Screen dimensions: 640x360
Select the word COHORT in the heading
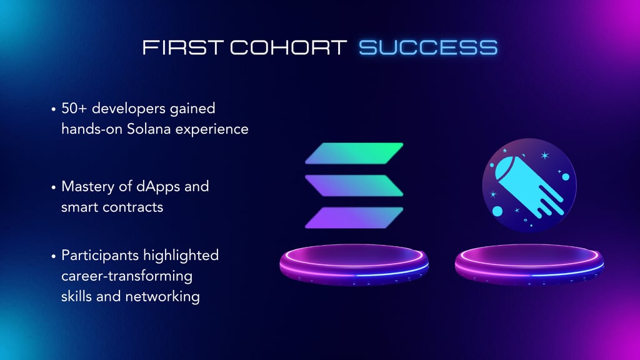pyautogui.click(x=288, y=47)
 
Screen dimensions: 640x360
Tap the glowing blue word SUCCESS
pyautogui.click(x=428, y=47)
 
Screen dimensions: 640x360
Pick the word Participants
pyautogui.click(x=100, y=256)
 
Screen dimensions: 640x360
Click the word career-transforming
pyautogui.click(x=127, y=276)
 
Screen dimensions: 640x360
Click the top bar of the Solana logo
pyautogui.click(x=354, y=154)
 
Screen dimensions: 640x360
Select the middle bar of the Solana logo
pyautogui.click(x=354, y=185)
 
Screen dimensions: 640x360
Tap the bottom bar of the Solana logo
pyautogui.click(x=354, y=217)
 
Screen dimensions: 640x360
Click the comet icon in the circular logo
pyautogui.click(x=529, y=187)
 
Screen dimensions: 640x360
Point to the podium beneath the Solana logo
pyautogui.click(x=354, y=264)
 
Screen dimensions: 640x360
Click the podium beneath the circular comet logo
pyautogui.click(x=529, y=264)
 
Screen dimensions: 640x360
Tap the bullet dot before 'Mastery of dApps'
pyautogui.click(x=54, y=187)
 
